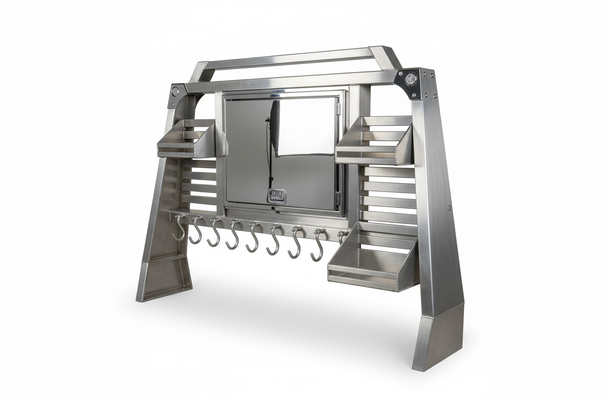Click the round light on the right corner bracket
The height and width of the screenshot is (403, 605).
[411, 78]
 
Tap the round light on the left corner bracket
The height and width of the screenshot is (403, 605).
[175, 91]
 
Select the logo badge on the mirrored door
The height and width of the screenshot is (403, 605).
[277, 196]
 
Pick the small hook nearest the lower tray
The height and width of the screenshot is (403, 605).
[343, 236]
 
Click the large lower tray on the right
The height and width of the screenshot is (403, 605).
[368, 264]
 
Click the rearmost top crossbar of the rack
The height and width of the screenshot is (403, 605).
[291, 57]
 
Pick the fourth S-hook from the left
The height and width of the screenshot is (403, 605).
[234, 235]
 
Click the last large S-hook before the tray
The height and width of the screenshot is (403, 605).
[318, 245]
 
